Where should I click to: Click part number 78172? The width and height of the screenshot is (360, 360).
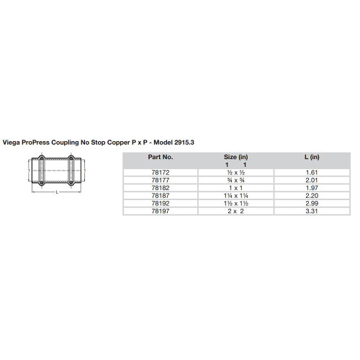pos(160,174)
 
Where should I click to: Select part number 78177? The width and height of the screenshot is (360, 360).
pos(160,181)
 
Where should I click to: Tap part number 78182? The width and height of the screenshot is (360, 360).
pos(160,187)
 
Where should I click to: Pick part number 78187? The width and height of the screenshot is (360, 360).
pos(160,194)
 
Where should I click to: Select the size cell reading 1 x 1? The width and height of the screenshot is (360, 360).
pos(235,187)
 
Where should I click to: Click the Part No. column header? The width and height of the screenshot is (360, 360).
pos(160,156)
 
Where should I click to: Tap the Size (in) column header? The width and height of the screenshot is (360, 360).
pos(235,156)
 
